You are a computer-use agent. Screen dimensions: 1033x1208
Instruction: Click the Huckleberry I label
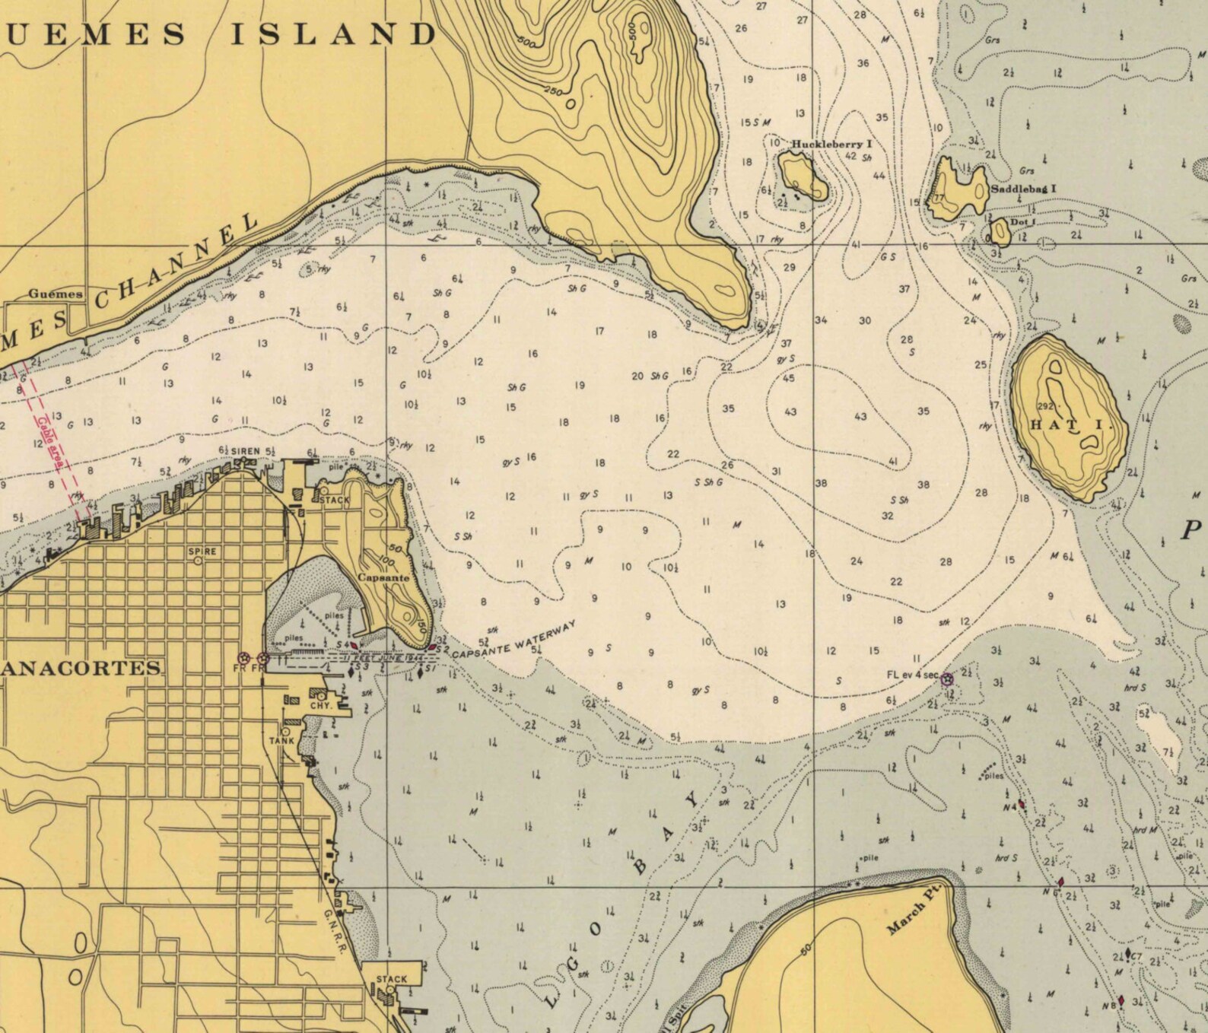[831, 144]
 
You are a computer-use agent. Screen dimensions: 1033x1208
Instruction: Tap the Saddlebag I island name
[1023, 189]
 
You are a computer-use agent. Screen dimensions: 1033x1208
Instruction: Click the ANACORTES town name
[81, 669]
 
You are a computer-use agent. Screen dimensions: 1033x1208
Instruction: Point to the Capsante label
[383, 577]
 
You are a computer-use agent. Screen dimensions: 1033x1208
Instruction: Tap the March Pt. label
[915, 907]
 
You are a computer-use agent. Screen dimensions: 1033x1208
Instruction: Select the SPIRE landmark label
[202, 551]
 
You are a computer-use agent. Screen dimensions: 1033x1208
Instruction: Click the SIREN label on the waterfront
[246, 451]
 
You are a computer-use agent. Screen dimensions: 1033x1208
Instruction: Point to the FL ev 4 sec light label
[912, 675]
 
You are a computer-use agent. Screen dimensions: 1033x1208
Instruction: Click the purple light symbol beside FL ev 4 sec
[947, 679]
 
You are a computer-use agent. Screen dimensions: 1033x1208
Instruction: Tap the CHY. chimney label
[321, 705]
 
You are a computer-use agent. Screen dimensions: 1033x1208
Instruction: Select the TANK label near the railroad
[281, 740]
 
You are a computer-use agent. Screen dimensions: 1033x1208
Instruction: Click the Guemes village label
[56, 294]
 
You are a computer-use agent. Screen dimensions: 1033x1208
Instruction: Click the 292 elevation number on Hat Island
[1046, 406]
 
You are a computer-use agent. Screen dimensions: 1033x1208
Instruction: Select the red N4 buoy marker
[1022, 804]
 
